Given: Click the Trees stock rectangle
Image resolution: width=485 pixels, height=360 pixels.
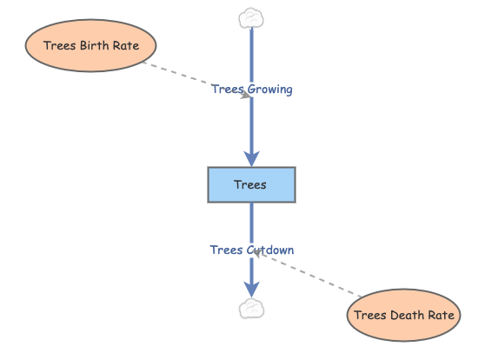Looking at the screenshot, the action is click(251, 185).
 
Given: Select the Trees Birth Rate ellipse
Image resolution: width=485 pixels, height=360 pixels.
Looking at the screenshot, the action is click(90, 45).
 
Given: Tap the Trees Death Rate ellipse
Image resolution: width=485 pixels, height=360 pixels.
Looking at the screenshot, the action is click(403, 315).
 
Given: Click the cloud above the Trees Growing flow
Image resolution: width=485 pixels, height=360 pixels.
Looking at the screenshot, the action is click(251, 18).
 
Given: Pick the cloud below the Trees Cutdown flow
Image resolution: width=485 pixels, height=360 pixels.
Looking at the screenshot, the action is click(251, 309).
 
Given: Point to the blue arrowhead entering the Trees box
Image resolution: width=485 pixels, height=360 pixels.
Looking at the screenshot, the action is click(251, 159).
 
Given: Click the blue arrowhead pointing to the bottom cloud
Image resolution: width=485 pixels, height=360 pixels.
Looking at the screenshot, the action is click(251, 290).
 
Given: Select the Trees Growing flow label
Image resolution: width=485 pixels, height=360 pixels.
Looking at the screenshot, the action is click(252, 90).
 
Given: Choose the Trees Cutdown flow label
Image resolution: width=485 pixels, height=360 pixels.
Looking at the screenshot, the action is click(252, 250).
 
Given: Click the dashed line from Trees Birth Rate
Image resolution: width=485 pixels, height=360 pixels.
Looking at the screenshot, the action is click(196, 79).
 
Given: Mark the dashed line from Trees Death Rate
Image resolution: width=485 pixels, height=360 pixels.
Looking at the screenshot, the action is click(308, 273).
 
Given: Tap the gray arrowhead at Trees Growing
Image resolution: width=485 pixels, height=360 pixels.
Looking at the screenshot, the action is click(245, 95).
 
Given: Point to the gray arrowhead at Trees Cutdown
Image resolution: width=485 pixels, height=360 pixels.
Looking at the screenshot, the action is click(257, 253).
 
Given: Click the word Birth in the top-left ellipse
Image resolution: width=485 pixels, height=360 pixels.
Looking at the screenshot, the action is click(95, 45).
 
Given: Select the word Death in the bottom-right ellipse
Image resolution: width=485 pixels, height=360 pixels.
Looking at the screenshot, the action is click(404, 315).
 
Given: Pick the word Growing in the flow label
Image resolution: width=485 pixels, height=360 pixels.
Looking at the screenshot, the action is click(270, 90).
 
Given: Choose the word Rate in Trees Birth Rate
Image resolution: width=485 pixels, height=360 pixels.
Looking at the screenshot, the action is click(126, 45).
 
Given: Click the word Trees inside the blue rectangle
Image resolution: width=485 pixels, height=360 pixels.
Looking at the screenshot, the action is click(250, 185).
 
